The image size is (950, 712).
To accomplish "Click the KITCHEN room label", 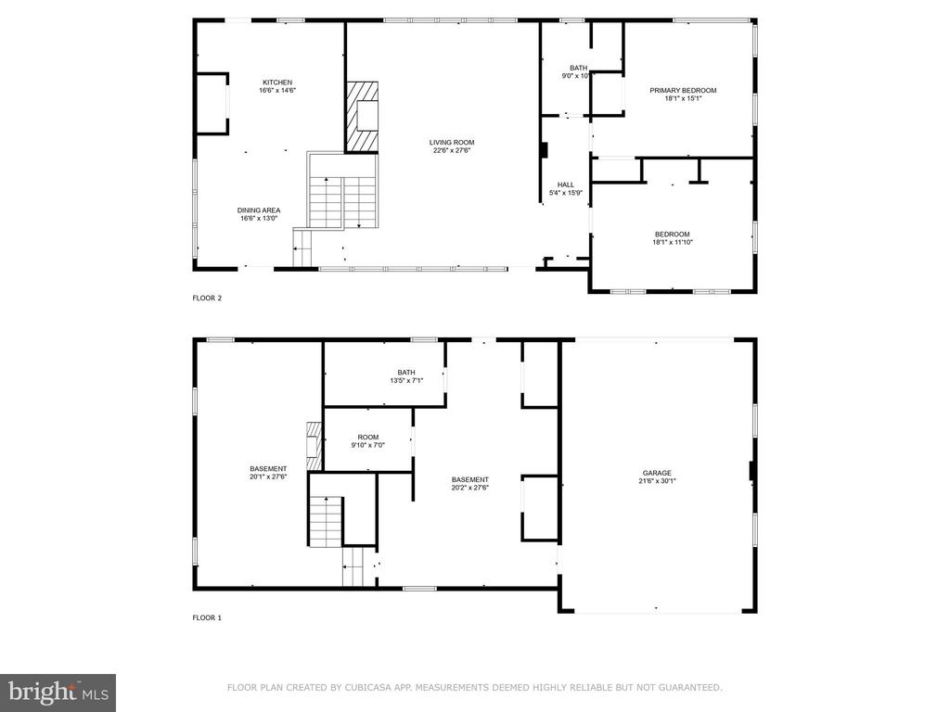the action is (x=277, y=83).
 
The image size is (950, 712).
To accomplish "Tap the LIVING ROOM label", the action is (x=452, y=142).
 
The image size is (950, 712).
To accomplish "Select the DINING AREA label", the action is (x=259, y=210).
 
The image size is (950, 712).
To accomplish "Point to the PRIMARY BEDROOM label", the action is (x=683, y=90).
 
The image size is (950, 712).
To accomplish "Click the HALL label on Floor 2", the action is (x=566, y=184).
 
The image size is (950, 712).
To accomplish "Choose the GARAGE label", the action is (x=658, y=473).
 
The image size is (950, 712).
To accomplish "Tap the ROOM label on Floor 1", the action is (x=367, y=438).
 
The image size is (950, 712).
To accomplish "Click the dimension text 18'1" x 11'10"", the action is (x=673, y=242).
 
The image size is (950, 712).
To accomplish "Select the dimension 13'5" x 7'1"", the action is (x=406, y=381).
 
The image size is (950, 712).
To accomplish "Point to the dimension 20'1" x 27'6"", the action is (x=268, y=477).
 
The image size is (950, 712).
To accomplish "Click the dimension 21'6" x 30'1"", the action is (x=658, y=481).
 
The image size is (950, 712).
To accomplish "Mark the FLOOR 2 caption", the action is (x=207, y=298).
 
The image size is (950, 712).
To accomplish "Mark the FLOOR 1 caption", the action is (x=207, y=617).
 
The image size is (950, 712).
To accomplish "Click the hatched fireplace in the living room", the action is (x=363, y=116).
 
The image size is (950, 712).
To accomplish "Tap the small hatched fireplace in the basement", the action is (x=314, y=446).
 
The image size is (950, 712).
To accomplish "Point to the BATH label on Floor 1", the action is (x=406, y=373).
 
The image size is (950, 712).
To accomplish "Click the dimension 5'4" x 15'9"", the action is (x=566, y=193).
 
